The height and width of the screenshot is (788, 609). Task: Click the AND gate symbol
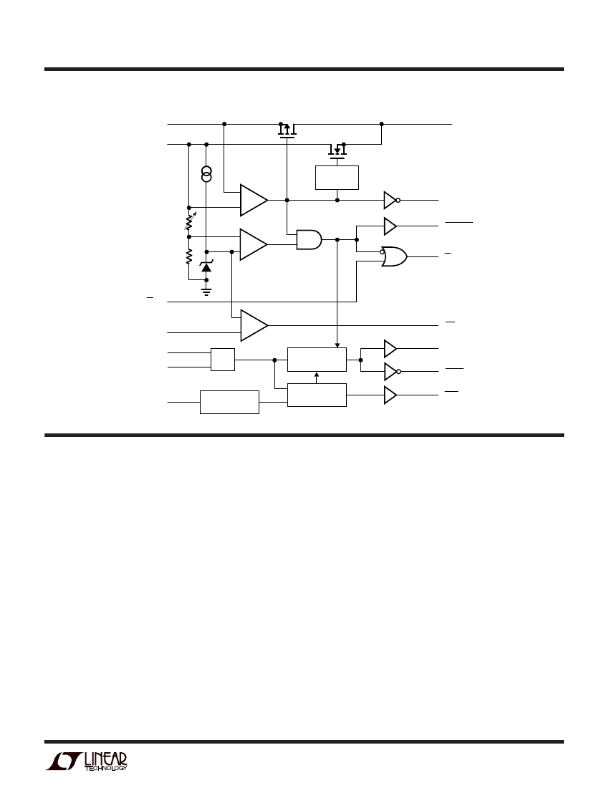coord(309,240)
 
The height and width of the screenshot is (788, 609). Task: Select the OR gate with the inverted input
coord(394,256)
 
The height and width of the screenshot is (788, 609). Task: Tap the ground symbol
coord(206,291)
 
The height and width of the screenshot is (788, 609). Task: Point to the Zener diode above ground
coord(206,266)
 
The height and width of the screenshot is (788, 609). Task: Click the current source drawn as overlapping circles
coord(206,174)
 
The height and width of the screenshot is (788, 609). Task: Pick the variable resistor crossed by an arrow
coord(189,221)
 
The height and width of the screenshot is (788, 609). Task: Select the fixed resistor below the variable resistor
coord(189,256)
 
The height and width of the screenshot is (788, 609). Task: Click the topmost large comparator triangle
coord(254,200)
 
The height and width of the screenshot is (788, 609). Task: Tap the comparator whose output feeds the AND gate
coord(254,245)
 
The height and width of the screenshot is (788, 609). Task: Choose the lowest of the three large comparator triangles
coord(254,326)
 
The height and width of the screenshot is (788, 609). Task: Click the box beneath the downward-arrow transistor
coord(337,178)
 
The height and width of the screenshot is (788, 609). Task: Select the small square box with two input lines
coord(223,360)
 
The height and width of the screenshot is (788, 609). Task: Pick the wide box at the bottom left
coord(229,402)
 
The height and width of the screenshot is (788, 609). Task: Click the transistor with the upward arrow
coord(287,130)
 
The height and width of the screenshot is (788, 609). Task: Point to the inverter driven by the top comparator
coord(391,200)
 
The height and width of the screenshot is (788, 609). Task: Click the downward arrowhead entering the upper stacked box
coord(337,345)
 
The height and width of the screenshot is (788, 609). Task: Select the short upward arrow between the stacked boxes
coord(316,378)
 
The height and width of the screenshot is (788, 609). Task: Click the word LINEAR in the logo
coord(105,759)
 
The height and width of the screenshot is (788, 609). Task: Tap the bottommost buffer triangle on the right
coord(390,395)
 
